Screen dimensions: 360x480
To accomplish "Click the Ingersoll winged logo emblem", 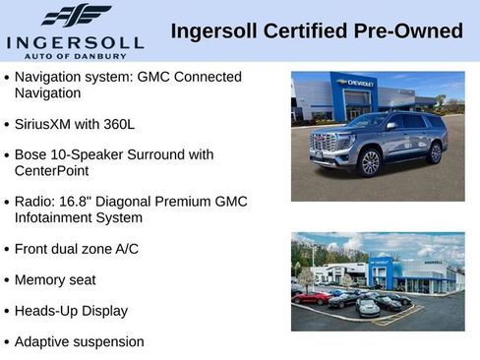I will click(x=76, y=16).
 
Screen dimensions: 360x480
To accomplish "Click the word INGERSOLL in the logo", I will click(x=76, y=41).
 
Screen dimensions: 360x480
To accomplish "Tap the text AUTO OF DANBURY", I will click(x=76, y=55).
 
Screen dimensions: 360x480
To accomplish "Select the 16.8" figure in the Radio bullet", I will click(x=79, y=202).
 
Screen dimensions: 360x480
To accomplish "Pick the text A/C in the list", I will click(x=125, y=249).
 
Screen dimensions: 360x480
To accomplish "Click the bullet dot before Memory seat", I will click(x=7, y=281).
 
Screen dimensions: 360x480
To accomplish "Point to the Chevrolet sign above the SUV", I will click(x=355, y=83).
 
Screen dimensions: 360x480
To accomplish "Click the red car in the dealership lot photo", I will click(x=312, y=296).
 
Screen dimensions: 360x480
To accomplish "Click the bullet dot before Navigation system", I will click(x=7, y=78).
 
